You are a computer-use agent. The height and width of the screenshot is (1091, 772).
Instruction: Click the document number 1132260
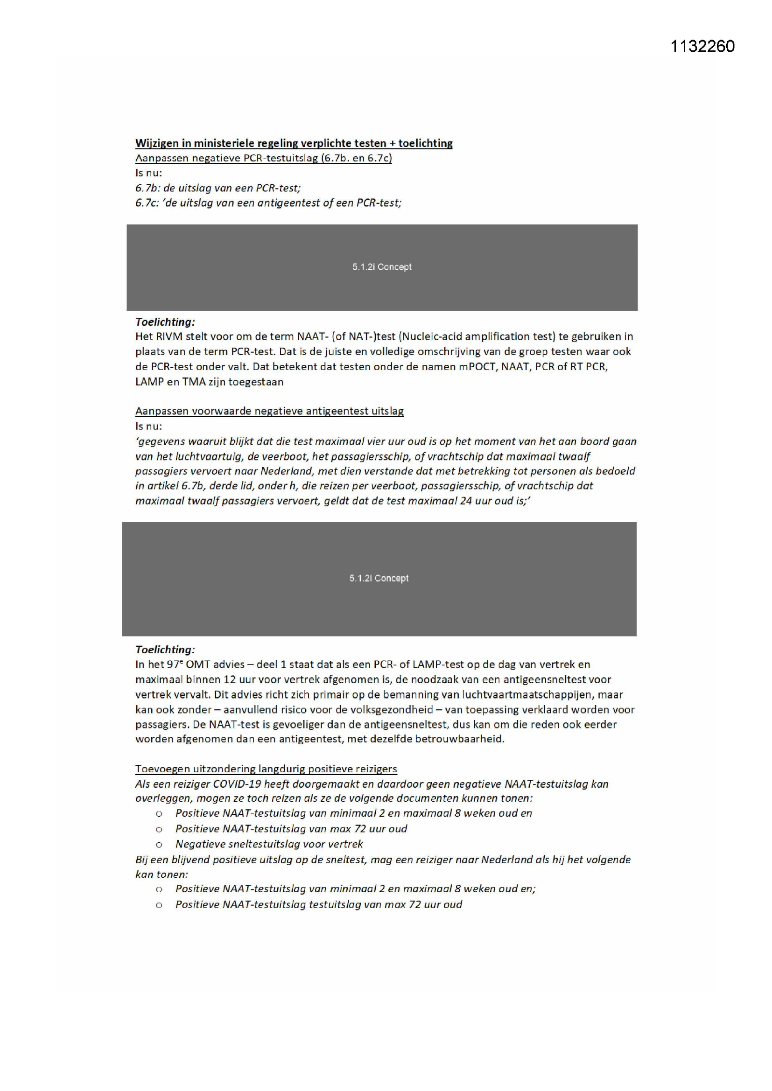pyautogui.click(x=702, y=46)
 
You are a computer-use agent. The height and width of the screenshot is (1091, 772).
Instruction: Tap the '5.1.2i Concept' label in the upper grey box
pyautogui.click(x=382, y=267)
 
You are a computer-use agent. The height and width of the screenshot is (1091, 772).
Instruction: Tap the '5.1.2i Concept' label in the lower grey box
pyautogui.click(x=379, y=578)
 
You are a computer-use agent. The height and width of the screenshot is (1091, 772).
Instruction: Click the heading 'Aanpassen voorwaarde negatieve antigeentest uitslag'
pyautogui.click(x=269, y=411)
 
